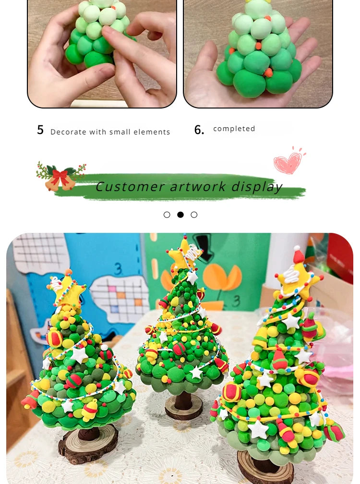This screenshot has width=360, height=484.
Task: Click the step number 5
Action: point(40,130)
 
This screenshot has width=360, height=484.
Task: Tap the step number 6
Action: point(199,130)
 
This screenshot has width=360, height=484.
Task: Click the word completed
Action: point(234,129)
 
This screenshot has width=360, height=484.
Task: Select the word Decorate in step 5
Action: point(68,132)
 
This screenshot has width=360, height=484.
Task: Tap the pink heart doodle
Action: point(288,163)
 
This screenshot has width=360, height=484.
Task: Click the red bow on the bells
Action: point(60,176)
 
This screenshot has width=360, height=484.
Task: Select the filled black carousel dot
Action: point(180,215)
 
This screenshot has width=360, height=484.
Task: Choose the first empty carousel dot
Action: point(167,215)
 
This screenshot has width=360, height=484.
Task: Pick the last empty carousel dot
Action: point(194,215)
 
